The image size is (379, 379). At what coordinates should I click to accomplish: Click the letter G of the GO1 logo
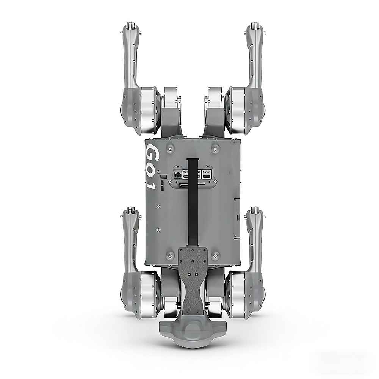coord(152,153)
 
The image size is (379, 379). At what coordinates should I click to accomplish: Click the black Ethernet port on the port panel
coord(178,174)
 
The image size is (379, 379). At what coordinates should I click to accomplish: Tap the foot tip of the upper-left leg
coord(130,26)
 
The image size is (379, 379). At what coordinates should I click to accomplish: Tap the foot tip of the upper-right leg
coord(254,26)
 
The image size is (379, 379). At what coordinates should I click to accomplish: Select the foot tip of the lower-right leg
coord(254,210)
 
